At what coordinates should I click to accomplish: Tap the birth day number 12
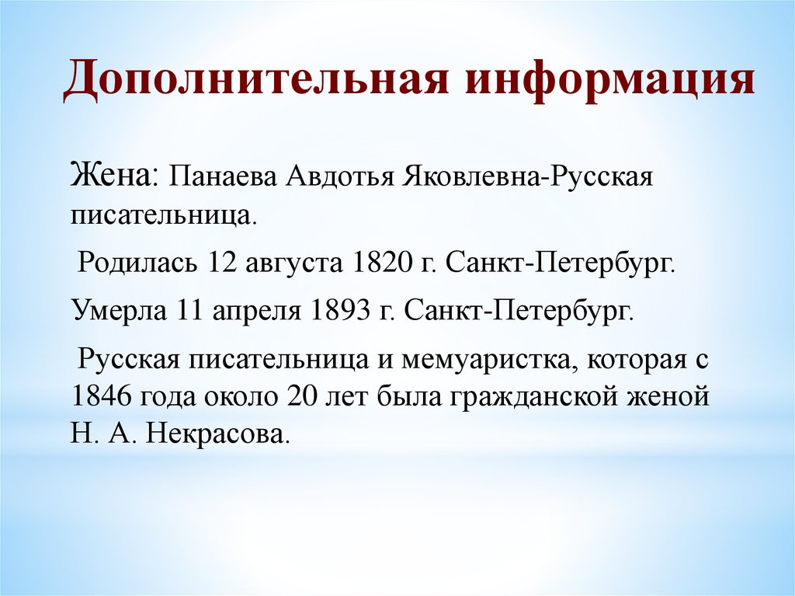click(x=220, y=261)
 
